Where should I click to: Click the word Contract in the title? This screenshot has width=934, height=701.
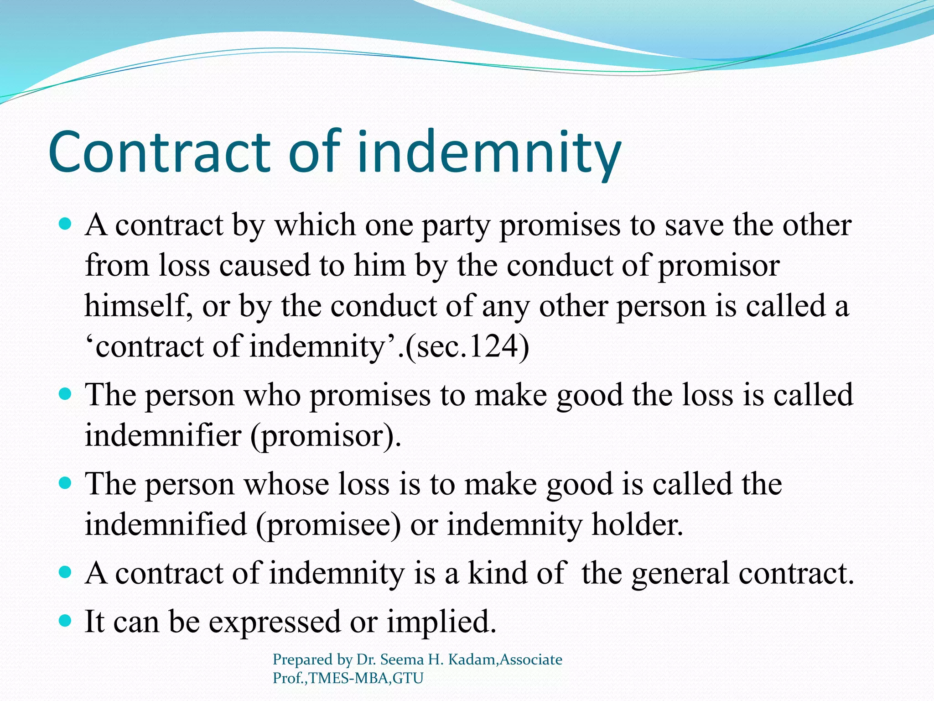(x=160, y=152)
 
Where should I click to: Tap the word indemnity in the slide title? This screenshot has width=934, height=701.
(x=489, y=152)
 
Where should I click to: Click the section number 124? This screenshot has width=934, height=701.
(x=494, y=347)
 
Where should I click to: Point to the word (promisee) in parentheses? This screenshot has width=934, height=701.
(x=328, y=524)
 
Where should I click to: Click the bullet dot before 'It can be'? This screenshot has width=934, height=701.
(x=66, y=621)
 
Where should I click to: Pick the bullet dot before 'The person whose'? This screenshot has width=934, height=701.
(x=66, y=483)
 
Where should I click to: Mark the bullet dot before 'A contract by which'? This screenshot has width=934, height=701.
(x=66, y=224)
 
